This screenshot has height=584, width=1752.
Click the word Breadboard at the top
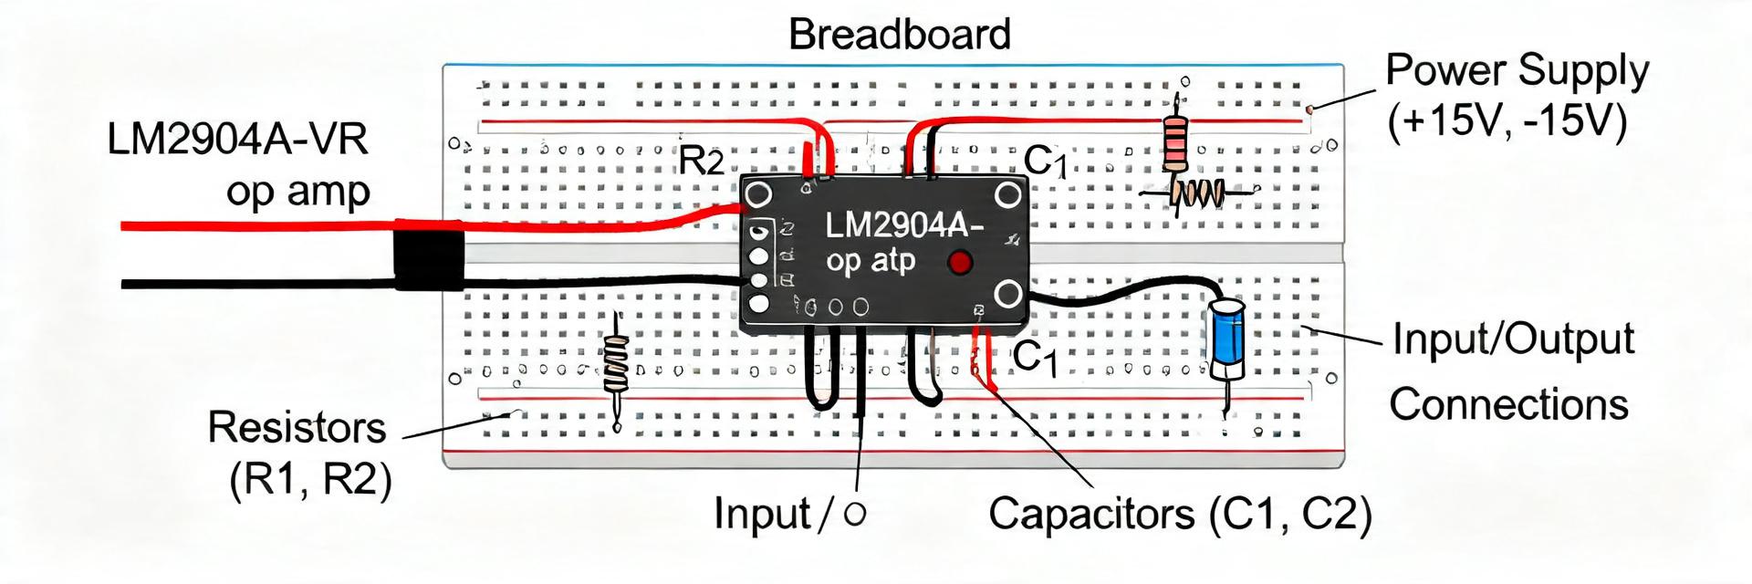[x=899, y=35]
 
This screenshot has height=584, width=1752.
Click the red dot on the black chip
[x=959, y=263]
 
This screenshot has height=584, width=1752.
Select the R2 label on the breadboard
[x=701, y=162]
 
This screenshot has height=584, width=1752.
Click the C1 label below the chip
[x=1036, y=357]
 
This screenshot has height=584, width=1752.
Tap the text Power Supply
[x=1517, y=70]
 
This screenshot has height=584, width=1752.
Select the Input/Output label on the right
[x=1513, y=339]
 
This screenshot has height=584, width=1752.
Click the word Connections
[x=1508, y=404]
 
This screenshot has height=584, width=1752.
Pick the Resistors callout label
[x=297, y=427]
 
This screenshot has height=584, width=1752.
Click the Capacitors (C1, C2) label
[x=1180, y=514]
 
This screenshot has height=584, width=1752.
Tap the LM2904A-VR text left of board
[x=237, y=140]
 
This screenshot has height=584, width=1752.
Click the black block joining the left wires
[x=429, y=260]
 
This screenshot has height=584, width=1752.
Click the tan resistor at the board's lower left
[x=617, y=361]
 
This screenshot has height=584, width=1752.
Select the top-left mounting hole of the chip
[x=758, y=194]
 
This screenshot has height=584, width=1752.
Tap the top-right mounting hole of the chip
[x=1008, y=195]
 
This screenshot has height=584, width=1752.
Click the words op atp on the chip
[x=870, y=261]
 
